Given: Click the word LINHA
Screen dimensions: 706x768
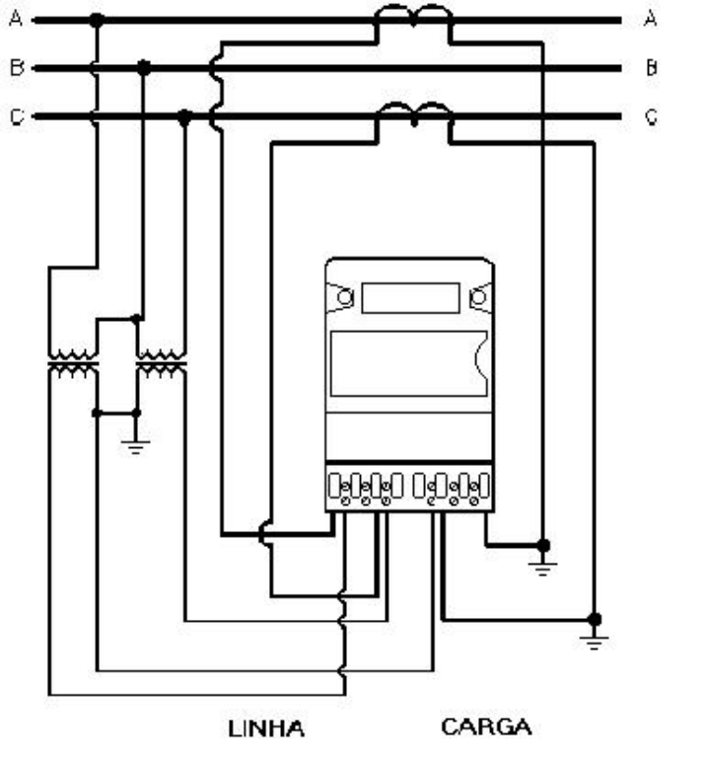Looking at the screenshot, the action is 266,729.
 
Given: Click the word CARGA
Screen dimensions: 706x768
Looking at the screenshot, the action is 486,727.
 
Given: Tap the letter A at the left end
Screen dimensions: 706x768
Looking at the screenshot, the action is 16,19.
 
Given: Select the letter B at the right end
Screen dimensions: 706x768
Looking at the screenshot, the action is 651,67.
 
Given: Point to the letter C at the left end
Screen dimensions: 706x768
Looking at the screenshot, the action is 17,117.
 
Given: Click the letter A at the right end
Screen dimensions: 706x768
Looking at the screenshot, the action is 651,19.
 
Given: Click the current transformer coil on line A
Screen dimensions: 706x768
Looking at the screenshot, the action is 413,15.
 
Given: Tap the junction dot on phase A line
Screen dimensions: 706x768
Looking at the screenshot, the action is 97,21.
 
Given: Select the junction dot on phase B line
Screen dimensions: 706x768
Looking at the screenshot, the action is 143,67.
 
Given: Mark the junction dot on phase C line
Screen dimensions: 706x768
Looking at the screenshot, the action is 184,117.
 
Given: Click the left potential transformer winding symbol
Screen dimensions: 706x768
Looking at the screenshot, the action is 73,364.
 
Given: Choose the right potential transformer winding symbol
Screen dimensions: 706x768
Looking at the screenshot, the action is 162,364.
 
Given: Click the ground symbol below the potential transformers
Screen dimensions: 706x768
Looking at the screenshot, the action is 135,448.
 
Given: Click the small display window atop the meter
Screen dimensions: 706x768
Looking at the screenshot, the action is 410,298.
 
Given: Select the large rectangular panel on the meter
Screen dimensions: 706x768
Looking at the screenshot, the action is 409,363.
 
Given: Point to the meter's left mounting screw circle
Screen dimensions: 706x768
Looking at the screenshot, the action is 345,297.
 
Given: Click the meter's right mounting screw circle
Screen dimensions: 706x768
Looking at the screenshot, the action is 477,297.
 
